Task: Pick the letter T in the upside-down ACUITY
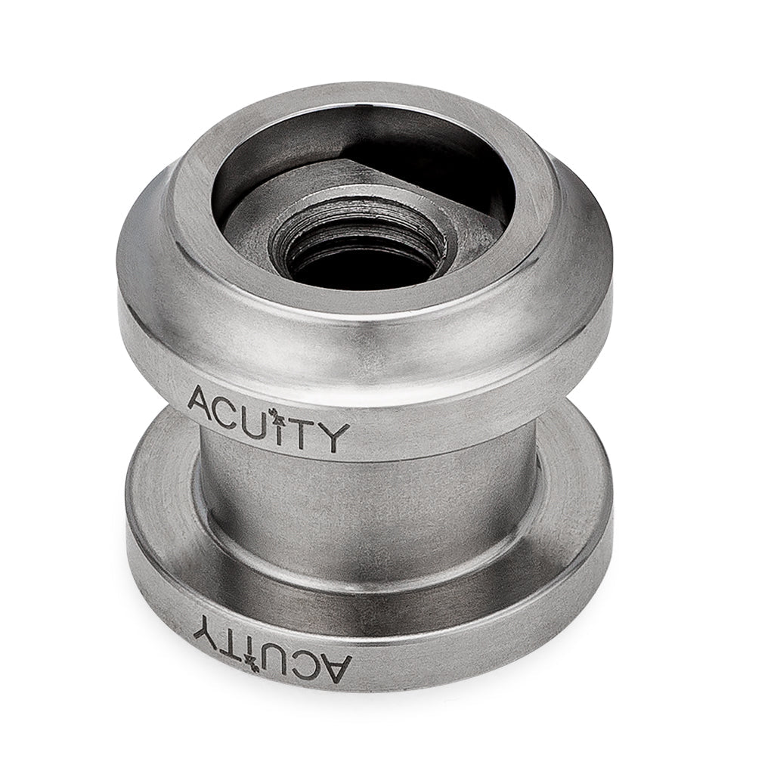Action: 231,633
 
